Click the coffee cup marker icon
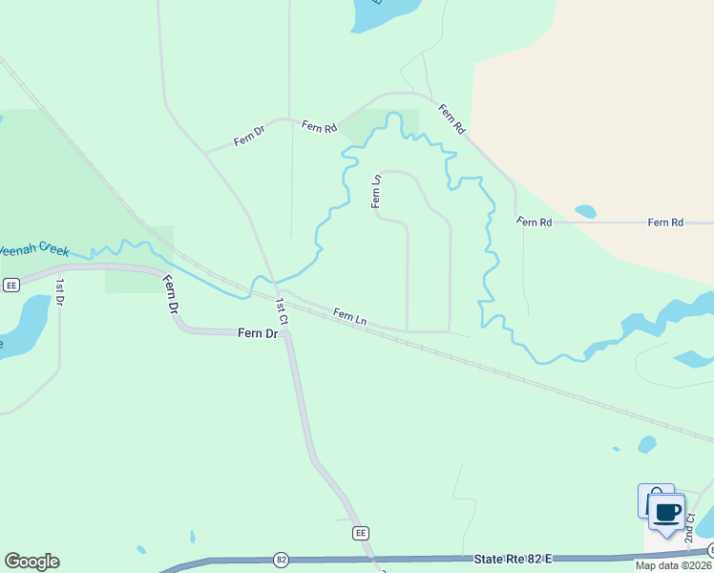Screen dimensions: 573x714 (x=666, y=512)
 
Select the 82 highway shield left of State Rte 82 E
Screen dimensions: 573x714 (x=281, y=558)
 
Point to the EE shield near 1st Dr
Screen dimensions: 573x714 (x=11, y=285)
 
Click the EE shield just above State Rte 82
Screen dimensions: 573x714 (x=360, y=532)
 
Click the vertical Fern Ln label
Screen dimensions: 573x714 (x=377, y=191)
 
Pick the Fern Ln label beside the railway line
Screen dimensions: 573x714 (x=350, y=315)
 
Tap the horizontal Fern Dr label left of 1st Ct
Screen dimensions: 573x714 (x=257, y=333)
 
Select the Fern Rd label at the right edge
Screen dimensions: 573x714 (x=665, y=223)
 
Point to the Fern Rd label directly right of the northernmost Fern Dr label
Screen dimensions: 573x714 (x=319, y=126)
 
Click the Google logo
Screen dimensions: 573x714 (x=31, y=561)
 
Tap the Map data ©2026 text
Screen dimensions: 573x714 (x=672, y=565)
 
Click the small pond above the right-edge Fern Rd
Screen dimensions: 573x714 (x=585, y=211)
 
